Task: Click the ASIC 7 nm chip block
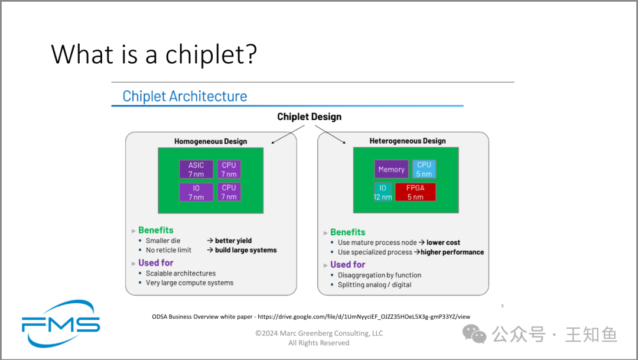(x=196, y=170)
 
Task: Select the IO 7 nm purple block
(x=196, y=192)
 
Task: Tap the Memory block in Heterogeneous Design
(x=392, y=169)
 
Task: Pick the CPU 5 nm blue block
(x=424, y=169)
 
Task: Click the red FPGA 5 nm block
(x=415, y=192)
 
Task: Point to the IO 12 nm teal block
(x=383, y=192)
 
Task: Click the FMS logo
(x=61, y=324)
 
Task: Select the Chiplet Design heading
(x=309, y=117)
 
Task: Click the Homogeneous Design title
(x=211, y=141)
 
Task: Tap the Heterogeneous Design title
(x=408, y=141)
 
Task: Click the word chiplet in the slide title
(x=211, y=54)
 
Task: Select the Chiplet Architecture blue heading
(x=185, y=96)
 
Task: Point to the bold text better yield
(x=233, y=241)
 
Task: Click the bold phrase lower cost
(x=443, y=242)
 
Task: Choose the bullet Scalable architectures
(x=181, y=273)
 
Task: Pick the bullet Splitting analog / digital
(x=375, y=285)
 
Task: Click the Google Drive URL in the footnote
(x=364, y=316)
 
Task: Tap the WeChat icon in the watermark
(x=474, y=334)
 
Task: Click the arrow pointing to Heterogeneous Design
(x=330, y=134)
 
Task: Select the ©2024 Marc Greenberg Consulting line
(x=319, y=333)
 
